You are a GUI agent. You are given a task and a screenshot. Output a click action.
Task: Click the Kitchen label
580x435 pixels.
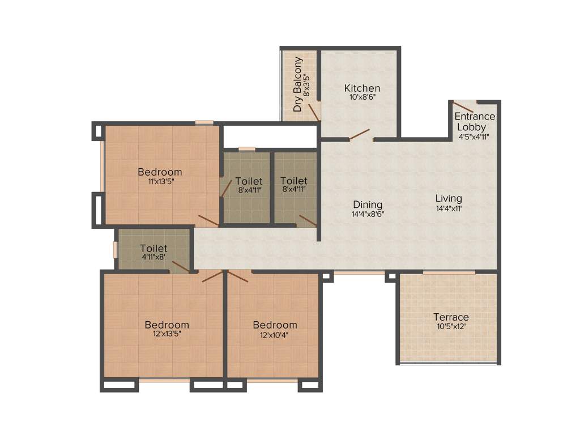pyautogui.click(x=362, y=88)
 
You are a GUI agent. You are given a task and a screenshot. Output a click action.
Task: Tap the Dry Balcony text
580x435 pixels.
pyautogui.click(x=297, y=84)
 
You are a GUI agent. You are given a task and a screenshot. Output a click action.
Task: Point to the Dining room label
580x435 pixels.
pyautogui.click(x=368, y=204)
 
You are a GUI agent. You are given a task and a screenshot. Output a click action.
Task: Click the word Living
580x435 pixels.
pyautogui.click(x=449, y=198)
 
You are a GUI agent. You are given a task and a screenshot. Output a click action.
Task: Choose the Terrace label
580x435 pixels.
pyautogui.click(x=451, y=317)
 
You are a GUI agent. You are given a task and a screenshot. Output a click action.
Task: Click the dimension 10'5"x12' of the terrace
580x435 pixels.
pyautogui.click(x=451, y=326)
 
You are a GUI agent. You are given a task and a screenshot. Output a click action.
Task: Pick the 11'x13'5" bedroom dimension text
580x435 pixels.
pyautogui.click(x=160, y=182)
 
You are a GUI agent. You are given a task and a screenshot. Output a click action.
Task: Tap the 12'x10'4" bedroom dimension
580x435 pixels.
pyautogui.click(x=275, y=334)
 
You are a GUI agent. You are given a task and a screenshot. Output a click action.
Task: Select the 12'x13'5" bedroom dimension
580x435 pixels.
pyautogui.click(x=167, y=334)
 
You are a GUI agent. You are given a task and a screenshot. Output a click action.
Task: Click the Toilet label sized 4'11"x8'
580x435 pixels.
pyautogui.click(x=153, y=248)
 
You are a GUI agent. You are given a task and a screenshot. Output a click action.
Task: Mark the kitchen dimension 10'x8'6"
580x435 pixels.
pyautogui.click(x=362, y=97)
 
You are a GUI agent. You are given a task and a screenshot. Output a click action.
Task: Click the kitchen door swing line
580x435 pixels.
pyautogui.click(x=359, y=134)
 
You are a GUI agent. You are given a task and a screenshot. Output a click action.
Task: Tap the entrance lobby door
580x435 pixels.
pyautogui.click(x=463, y=106)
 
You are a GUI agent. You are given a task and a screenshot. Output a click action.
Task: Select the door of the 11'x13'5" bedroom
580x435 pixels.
pyautogui.click(x=208, y=221)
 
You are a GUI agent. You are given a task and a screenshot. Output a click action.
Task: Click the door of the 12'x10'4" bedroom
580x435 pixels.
pyautogui.click(x=238, y=276)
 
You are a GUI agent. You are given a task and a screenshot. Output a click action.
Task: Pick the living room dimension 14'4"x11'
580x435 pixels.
pyautogui.click(x=449, y=208)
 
